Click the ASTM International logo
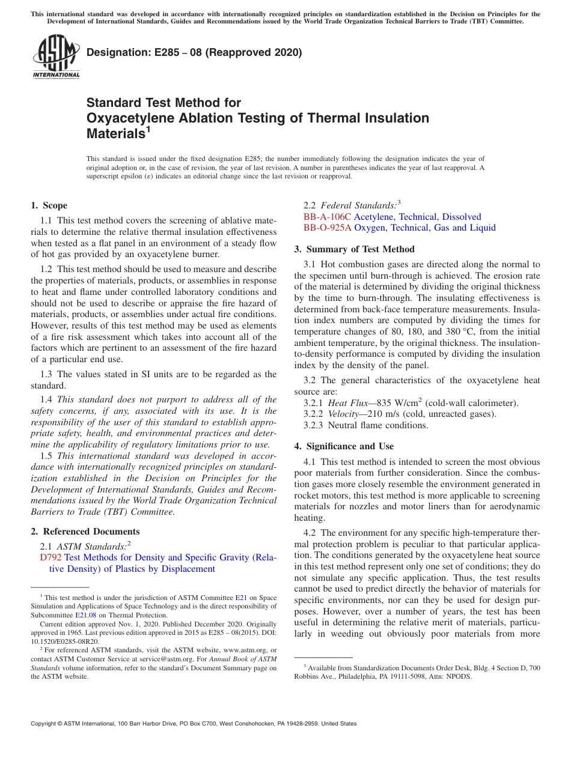(x=56, y=56)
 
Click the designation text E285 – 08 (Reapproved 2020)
(x=194, y=52)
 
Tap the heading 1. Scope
(x=49, y=205)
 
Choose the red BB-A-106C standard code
(x=327, y=217)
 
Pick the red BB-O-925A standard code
(x=328, y=228)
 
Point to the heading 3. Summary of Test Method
(x=354, y=249)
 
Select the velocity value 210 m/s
(x=378, y=414)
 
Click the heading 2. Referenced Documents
(x=85, y=532)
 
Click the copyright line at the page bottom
(x=194, y=724)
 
